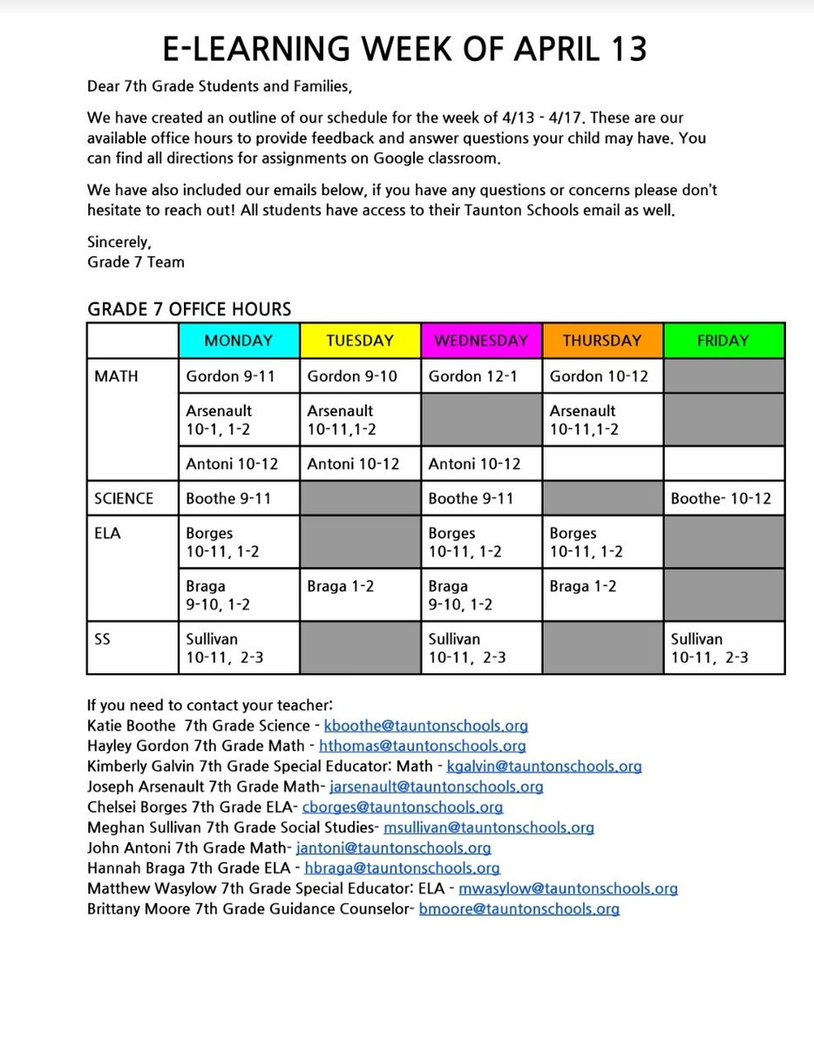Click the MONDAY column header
coord(239,340)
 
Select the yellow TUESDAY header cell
coord(360,340)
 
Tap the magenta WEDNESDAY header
coord(481,340)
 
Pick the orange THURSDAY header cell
coord(602,340)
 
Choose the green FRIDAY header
coord(723,340)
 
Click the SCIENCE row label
coord(124,498)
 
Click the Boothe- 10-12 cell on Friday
coord(722,498)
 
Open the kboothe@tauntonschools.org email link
coord(425,725)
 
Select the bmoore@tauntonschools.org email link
coord(519,909)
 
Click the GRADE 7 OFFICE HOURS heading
coord(189,309)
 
